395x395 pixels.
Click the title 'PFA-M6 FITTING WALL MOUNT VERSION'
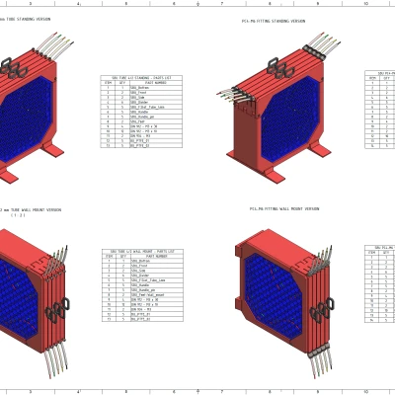coord(284,209)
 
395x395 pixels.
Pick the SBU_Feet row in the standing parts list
coord(138,122)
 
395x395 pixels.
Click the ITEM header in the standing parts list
coord(108,83)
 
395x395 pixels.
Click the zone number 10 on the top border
coord(365,4)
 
